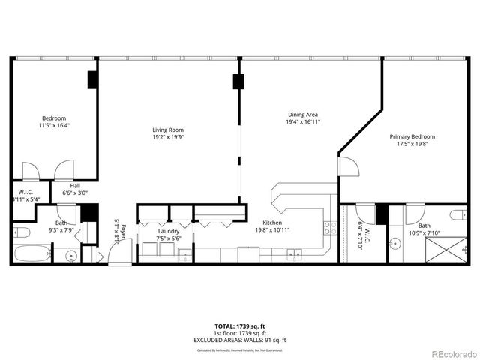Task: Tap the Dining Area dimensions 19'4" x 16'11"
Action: click(304, 121)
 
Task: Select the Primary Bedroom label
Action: click(412, 136)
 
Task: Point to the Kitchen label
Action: click(271, 223)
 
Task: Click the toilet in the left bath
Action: click(22, 232)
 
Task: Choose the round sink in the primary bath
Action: click(395, 243)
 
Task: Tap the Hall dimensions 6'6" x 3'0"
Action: click(75, 193)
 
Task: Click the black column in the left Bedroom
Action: click(92, 79)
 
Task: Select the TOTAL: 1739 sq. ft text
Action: click(240, 326)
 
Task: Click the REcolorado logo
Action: click(450, 353)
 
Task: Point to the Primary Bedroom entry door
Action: click(346, 166)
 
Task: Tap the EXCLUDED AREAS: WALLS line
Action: click(240, 339)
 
